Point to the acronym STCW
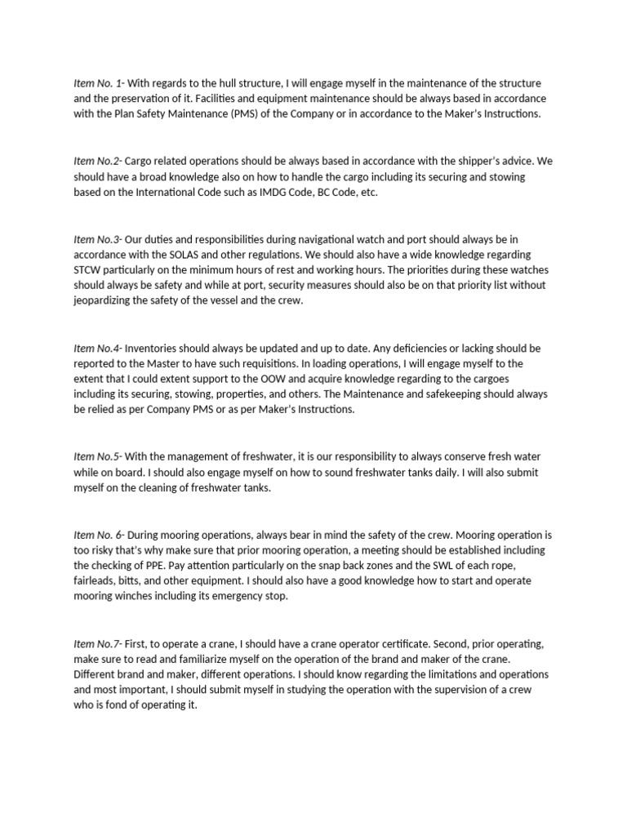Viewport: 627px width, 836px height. pyautogui.click(x=88, y=270)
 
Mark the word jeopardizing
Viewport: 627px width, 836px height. pyautogui.click(x=106, y=301)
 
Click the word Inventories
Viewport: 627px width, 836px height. pyautogui.click(x=156, y=348)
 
